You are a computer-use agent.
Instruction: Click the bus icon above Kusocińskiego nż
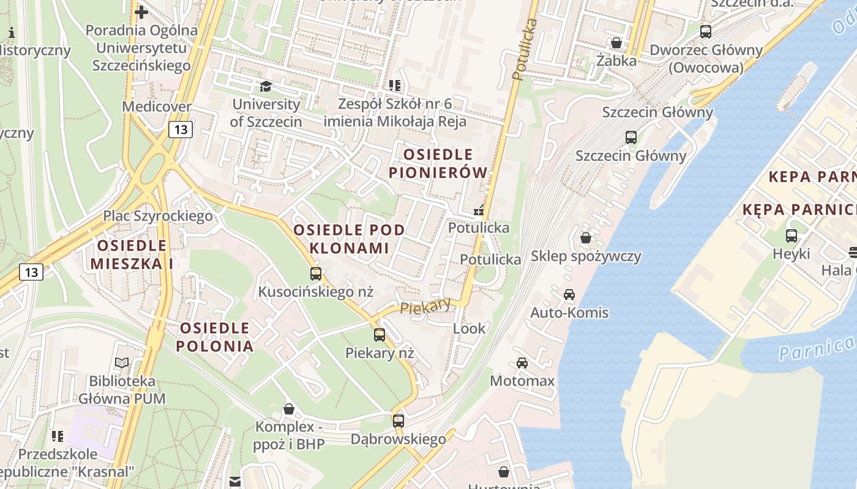point(316,274)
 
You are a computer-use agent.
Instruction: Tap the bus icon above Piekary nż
point(380,335)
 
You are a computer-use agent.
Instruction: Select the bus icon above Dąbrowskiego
point(399,421)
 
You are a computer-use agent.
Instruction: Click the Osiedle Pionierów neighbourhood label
point(438,164)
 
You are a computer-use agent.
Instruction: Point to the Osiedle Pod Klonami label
point(349,239)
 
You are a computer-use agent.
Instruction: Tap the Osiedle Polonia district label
point(214,337)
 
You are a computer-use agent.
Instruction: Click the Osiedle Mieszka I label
point(132,254)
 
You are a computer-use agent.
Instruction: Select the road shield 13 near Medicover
point(181,130)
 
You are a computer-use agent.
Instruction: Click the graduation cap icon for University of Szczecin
point(266,87)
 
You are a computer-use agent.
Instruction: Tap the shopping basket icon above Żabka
point(616,43)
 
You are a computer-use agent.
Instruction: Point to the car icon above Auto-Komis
point(569,295)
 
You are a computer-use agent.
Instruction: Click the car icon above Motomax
point(522,363)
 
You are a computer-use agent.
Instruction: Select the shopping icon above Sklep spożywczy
point(586,238)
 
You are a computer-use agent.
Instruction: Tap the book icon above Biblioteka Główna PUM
point(122,363)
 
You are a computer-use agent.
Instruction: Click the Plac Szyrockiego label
point(158,216)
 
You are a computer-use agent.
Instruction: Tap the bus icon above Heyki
point(792,236)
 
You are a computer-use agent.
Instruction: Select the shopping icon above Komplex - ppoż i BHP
point(289,408)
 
